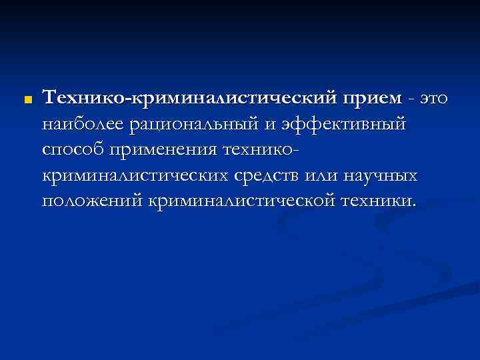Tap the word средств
267,177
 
